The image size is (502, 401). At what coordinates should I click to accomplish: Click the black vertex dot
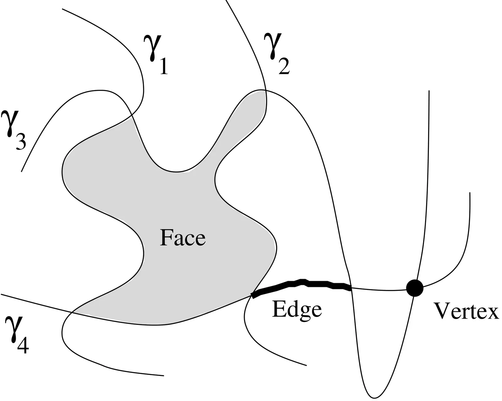[414, 287]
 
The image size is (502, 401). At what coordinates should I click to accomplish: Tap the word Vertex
[466, 311]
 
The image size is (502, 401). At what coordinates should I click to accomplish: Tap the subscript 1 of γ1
[163, 67]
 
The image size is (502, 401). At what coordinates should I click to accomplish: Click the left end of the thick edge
[253, 295]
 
